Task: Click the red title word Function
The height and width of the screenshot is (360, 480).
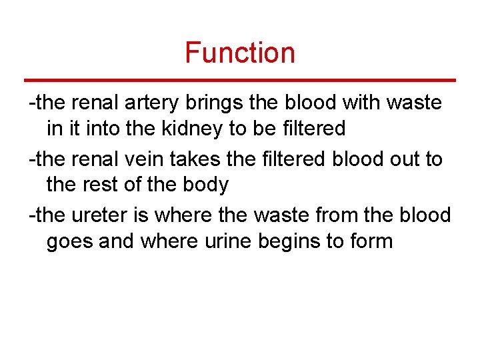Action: (x=240, y=53)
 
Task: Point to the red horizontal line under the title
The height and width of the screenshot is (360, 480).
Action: (x=240, y=80)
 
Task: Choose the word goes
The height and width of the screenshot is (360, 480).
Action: (x=69, y=240)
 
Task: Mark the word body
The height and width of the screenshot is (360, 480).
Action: (x=205, y=184)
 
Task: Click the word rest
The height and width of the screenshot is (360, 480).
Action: (x=100, y=184)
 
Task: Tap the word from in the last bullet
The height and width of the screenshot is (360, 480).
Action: (x=337, y=215)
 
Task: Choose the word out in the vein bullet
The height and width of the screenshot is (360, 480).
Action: (x=413, y=159)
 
